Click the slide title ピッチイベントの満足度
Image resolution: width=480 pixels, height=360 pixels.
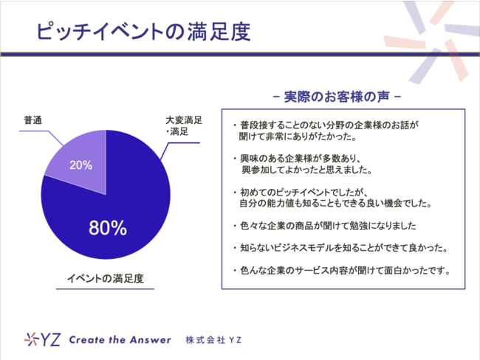coord(143,32)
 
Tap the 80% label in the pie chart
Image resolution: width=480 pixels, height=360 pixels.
coord(108,228)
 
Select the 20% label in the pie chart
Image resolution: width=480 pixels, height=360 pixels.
coord(80,165)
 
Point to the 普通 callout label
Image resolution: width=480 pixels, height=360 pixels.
coord(33,120)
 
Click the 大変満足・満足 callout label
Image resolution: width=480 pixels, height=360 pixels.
coord(184,125)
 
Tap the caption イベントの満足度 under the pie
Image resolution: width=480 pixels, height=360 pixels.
coord(106,278)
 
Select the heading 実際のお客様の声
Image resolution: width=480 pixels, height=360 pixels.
coord(337,97)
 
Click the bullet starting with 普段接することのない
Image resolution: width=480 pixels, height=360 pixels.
coord(326,131)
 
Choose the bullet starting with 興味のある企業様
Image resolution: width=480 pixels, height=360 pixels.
coord(302,165)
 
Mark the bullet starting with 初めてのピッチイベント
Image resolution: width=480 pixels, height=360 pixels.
coord(332,198)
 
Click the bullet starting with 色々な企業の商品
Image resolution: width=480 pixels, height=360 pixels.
coord(324,226)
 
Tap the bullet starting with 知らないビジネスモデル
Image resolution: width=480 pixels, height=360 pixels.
coord(340,248)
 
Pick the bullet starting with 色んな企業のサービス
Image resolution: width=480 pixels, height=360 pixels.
coord(341,271)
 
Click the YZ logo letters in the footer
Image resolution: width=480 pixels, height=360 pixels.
coord(50,339)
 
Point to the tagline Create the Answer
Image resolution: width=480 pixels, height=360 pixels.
coord(120,340)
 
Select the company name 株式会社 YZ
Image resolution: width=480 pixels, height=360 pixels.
coord(213,340)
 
